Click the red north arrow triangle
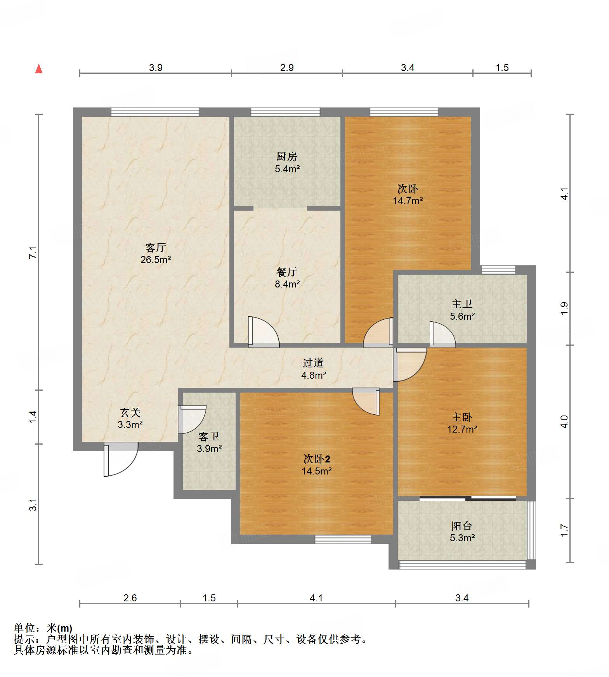(39, 69)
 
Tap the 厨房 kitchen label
(287, 156)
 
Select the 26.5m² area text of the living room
(156, 260)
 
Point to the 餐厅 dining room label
(287, 272)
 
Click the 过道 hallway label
(313, 363)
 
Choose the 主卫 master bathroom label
(462, 304)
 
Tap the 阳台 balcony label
(462, 526)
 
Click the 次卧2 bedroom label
(317, 459)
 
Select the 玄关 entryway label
(130, 412)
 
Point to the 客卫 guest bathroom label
(209, 437)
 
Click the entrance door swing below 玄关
(121, 460)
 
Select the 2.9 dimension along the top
(287, 68)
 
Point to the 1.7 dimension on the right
(564, 530)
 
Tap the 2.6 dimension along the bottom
(130, 598)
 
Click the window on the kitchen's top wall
(285, 112)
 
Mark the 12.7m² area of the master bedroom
(462, 429)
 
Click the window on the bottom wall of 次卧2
(343, 539)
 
